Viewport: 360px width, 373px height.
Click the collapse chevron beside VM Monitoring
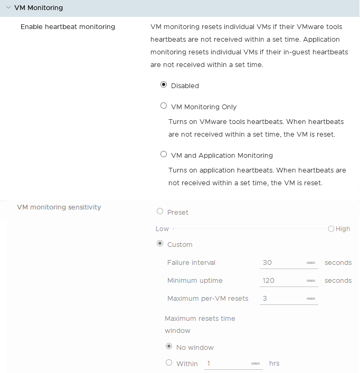8,8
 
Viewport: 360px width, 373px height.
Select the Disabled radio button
164,84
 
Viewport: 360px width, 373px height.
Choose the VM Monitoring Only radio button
164,106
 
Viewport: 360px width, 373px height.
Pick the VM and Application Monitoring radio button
164,155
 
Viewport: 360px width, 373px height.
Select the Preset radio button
160,212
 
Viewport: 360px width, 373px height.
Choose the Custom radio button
160,244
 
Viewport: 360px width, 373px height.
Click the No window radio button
169,347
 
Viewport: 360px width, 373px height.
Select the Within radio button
169,362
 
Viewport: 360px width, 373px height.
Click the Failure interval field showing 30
282,263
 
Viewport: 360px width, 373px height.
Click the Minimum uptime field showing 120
282,281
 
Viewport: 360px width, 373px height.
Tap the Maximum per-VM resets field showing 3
282,299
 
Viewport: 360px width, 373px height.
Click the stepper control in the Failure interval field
311,263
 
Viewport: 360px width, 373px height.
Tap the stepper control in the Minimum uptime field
311,281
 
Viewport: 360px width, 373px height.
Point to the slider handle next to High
331,229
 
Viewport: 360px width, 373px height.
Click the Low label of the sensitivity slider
162,229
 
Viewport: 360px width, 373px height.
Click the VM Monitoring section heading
39,8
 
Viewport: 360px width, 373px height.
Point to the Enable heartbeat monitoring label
68,26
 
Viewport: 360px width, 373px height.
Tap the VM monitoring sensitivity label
59,207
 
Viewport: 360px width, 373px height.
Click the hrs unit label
274,364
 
